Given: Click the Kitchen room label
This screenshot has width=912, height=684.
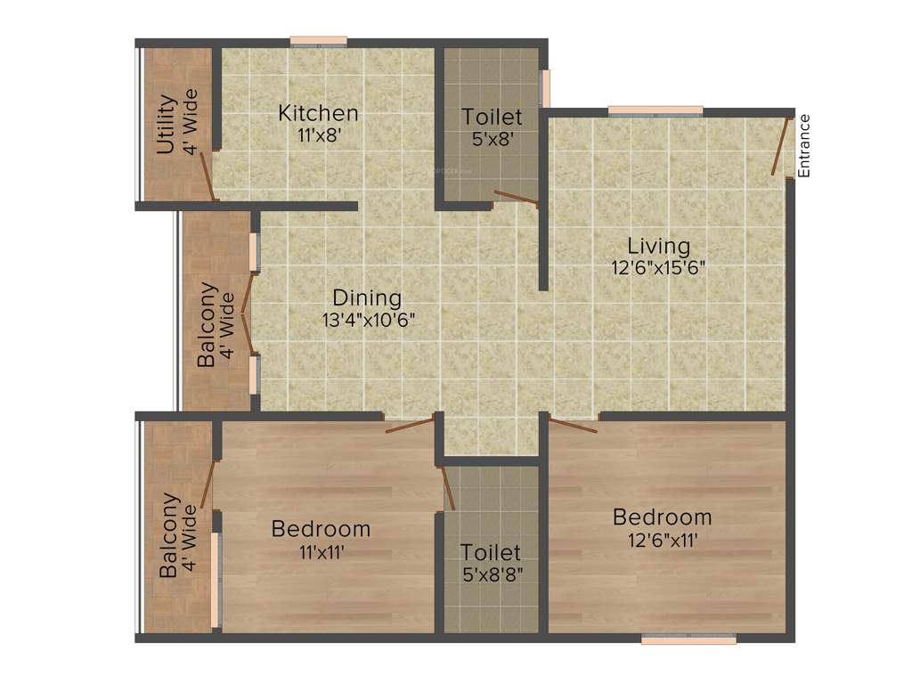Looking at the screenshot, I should point(318,113).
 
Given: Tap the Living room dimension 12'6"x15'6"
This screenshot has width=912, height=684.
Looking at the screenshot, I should point(658,268).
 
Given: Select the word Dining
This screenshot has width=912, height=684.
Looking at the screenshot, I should point(367,297).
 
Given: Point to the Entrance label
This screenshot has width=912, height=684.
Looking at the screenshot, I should point(804,145).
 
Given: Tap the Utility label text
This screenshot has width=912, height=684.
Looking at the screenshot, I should point(166,124).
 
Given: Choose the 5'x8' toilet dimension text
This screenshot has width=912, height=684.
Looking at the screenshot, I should point(492,139).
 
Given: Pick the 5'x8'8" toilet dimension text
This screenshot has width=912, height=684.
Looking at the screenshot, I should point(492,574).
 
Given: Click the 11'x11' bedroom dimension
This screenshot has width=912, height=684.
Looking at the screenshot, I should point(320,552).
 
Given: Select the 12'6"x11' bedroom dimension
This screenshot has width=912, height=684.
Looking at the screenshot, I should point(662,540).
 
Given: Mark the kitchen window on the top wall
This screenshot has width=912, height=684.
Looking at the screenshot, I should point(318,40).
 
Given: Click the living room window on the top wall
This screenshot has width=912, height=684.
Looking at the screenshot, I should point(655,110).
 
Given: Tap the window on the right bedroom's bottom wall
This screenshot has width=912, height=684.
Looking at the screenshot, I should point(688,639).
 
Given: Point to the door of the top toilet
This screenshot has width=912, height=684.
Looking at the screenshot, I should point(516,199).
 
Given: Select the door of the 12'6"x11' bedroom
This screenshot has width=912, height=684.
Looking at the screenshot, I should point(572,425).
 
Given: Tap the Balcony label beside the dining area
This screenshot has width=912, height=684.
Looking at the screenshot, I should point(207,324).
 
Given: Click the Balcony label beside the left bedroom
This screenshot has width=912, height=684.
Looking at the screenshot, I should point(169,536).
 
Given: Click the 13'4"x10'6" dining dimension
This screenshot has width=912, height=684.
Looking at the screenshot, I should point(369,320).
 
